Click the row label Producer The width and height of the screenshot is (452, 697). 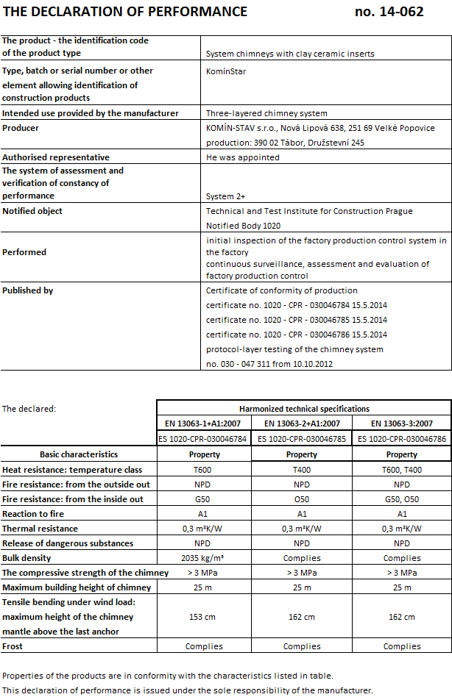(x=21, y=128)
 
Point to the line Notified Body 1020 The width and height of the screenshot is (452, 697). (x=243, y=226)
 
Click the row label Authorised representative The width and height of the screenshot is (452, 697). (x=56, y=157)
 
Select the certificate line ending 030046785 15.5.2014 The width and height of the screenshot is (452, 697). (x=296, y=320)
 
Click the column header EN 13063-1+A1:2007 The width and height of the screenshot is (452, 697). (x=204, y=423)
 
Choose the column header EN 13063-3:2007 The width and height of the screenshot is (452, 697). (x=402, y=423)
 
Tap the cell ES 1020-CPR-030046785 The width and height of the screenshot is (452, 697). (x=302, y=439)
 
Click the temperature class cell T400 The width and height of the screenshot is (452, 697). (x=302, y=470)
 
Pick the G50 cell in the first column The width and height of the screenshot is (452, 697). (x=204, y=499)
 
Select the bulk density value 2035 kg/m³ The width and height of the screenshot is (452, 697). (x=204, y=558)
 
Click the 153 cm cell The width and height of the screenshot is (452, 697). (x=204, y=617)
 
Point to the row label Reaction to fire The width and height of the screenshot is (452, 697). (x=33, y=514)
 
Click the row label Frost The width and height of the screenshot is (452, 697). (x=13, y=646)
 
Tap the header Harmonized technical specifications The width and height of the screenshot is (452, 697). (x=304, y=409)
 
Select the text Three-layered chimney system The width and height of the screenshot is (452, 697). (x=266, y=113)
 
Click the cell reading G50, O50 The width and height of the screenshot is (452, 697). (x=402, y=499)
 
